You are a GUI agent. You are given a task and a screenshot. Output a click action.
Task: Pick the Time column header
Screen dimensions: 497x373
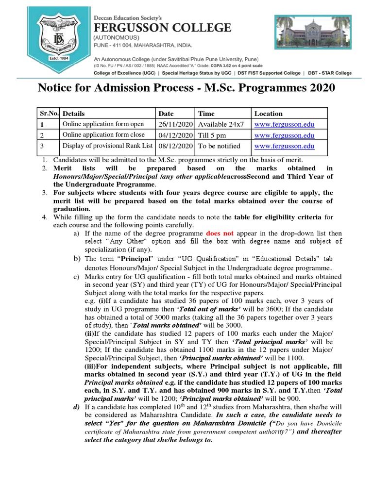click(206, 114)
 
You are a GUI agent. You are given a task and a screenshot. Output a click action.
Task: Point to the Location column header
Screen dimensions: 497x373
click(268, 114)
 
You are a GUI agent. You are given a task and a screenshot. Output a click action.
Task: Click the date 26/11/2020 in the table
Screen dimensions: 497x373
click(176, 124)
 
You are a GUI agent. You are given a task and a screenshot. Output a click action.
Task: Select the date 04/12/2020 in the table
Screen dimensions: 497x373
click(176, 135)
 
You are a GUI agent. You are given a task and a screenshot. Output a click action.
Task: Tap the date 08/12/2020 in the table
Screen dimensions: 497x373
click(176, 146)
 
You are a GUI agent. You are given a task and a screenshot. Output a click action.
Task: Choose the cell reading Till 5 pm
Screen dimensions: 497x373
click(212, 135)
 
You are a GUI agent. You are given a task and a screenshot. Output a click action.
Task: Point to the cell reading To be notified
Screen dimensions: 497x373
click(219, 146)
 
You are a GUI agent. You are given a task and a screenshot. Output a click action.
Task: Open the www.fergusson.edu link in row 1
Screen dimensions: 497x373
click(284, 124)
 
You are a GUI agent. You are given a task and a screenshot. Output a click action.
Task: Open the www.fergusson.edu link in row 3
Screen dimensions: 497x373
click(284, 146)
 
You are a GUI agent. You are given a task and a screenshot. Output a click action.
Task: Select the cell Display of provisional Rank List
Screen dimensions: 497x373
click(107, 146)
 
